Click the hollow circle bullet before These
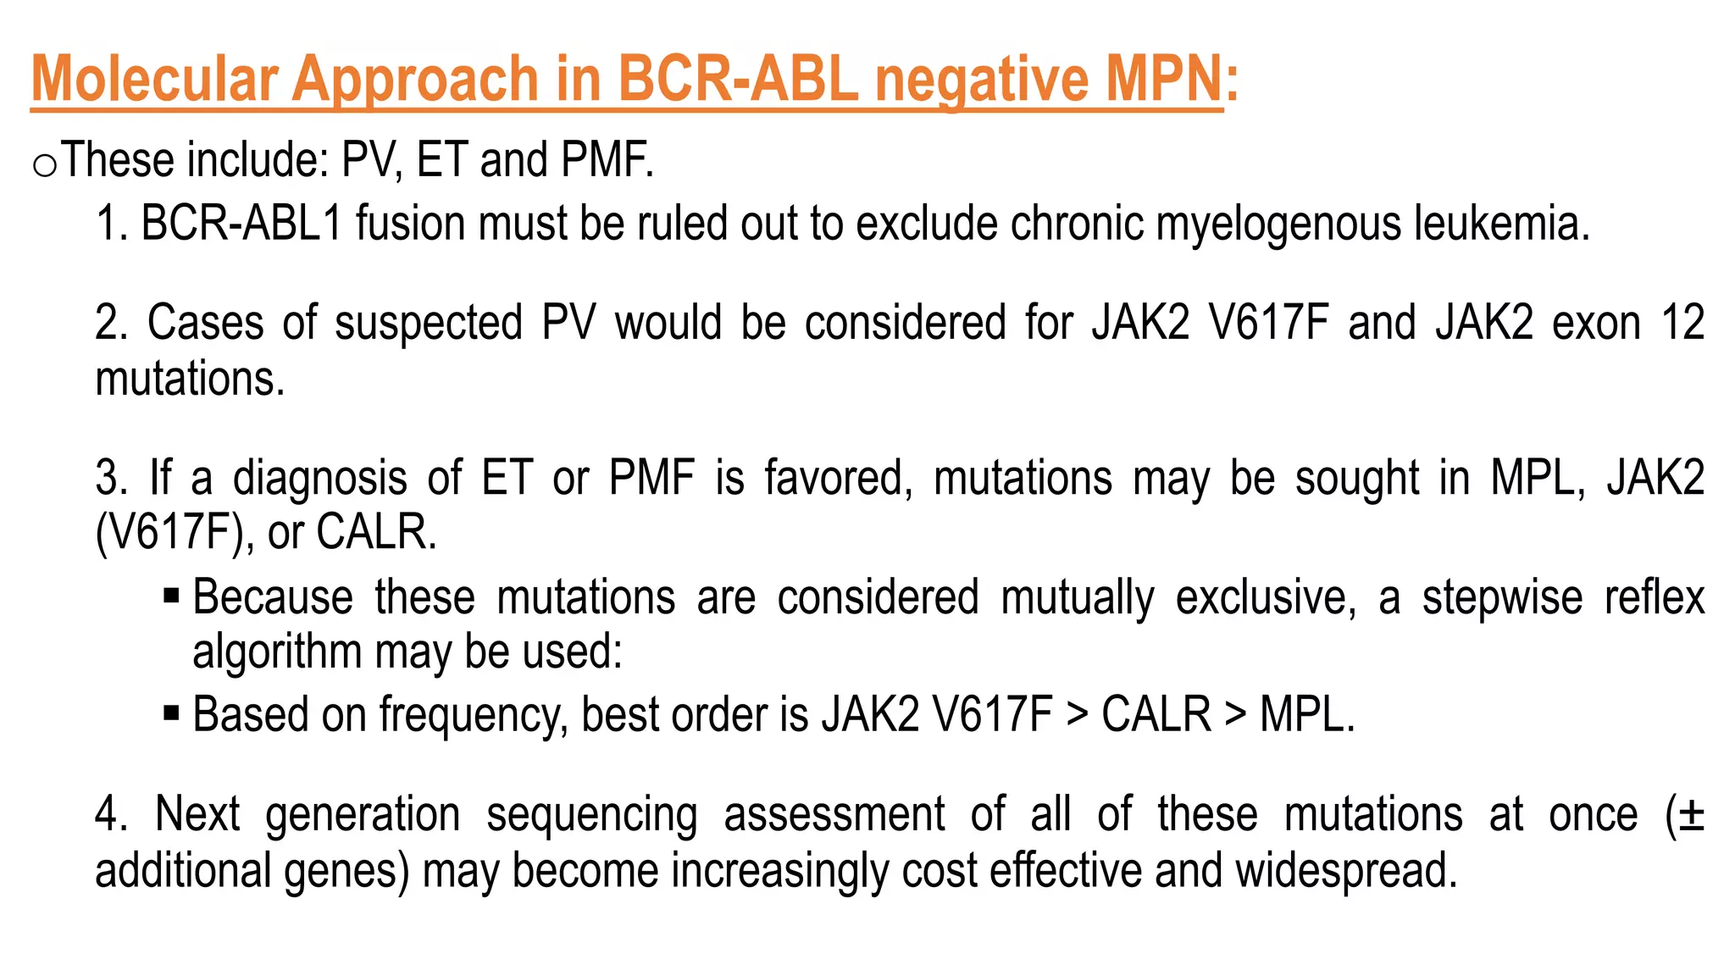coord(44,164)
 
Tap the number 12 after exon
coord(1682,322)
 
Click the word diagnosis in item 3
coord(320,478)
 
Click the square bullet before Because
coord(172,596)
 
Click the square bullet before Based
coord(172,713)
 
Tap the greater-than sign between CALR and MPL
coord(1235,715)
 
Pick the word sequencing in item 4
coord(591,816)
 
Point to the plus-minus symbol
coord(1690,815)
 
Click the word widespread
coord(1345,871)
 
